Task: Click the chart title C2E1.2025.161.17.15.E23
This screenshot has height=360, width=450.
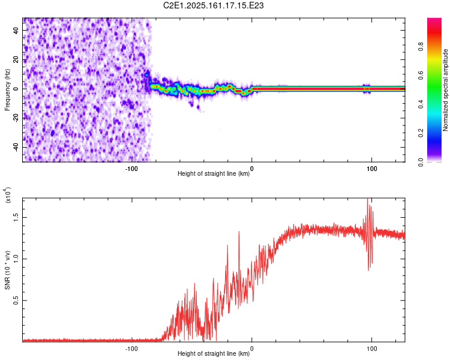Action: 213,5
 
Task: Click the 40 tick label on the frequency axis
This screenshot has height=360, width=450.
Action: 16,31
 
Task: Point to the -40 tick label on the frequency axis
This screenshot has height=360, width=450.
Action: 16,148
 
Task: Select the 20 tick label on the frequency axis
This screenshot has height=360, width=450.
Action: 16,60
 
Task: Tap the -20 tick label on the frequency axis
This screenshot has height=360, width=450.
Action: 16,118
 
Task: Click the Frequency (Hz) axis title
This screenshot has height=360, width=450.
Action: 7,90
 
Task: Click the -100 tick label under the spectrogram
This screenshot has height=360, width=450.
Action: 131,169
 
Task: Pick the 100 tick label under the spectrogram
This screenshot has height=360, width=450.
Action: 371,169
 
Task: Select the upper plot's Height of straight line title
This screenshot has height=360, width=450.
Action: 214,173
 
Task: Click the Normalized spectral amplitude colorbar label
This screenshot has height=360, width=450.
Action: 445,90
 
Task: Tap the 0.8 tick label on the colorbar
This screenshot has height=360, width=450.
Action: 421,47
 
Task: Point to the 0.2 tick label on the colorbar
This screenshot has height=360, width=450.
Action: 421,133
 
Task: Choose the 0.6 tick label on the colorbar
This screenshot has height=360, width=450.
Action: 421,76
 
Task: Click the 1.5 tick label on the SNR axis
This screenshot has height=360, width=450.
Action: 16,218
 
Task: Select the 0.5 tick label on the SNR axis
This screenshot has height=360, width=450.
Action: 16,301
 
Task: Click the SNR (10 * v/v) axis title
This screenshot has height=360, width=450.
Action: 7,270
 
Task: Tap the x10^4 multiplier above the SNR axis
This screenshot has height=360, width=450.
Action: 7,195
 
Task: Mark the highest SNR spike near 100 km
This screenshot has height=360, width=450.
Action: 367,199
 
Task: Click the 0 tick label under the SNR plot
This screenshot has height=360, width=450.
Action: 251,349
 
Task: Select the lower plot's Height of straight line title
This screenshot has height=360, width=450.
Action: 214,353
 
